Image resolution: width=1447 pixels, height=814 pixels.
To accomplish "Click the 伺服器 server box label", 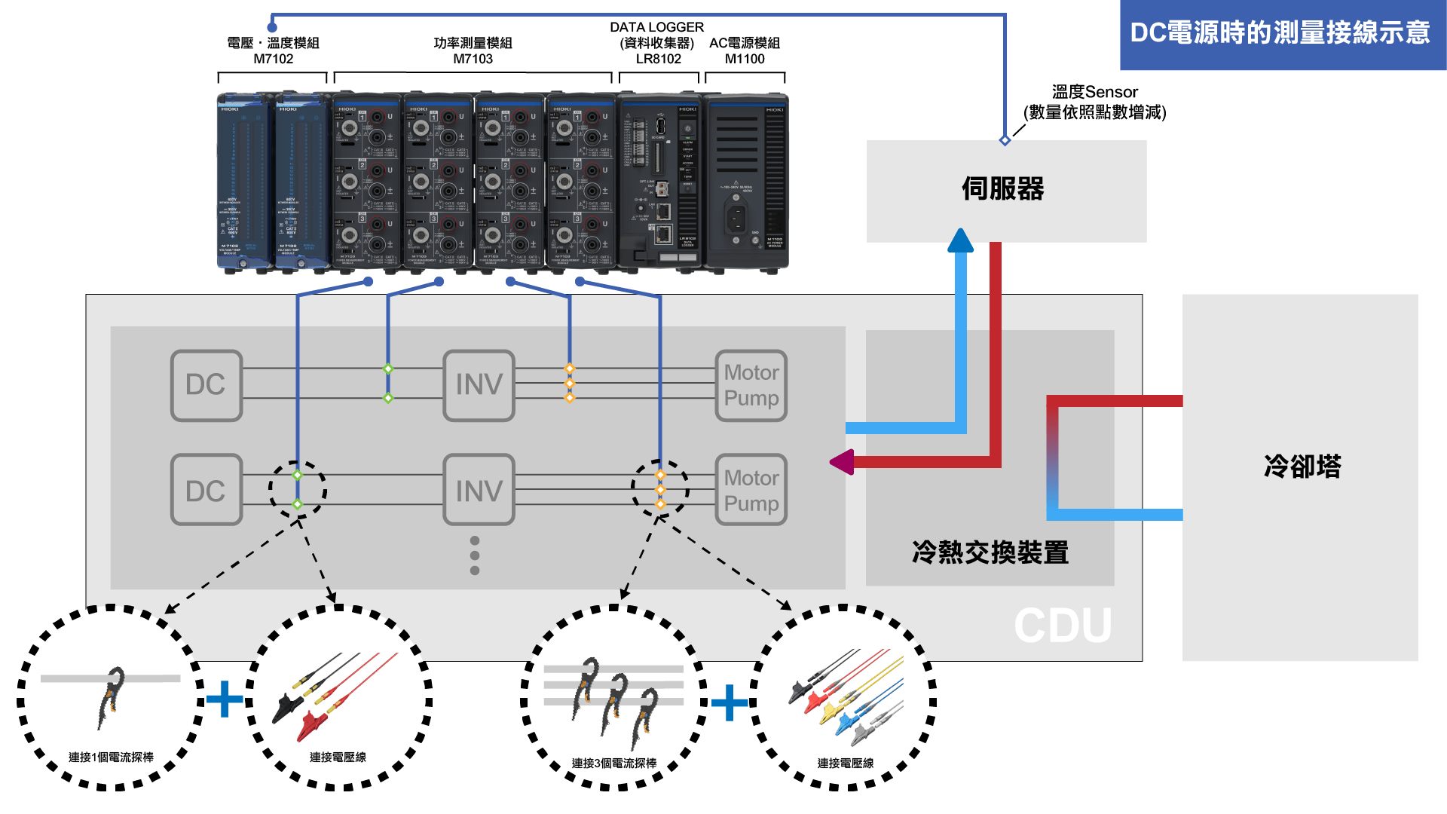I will (1003, 188).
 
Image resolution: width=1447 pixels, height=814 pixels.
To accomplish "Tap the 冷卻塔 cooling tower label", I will (1302, 467).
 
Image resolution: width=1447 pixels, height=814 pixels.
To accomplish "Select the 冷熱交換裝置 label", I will (990, 552).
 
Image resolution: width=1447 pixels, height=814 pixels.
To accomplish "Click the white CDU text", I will (1063, 626).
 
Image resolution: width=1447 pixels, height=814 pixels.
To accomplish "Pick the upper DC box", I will (206, 385).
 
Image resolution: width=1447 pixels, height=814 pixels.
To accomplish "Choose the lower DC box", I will (206, 491).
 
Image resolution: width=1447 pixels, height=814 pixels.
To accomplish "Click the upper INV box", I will (479, 385).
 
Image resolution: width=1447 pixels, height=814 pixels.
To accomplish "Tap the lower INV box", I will (479, 491).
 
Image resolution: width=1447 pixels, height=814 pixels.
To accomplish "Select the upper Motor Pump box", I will (751, 385).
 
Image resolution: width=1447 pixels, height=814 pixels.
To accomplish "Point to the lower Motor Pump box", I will (751, 491).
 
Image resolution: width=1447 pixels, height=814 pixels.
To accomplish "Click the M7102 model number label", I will (273, 59).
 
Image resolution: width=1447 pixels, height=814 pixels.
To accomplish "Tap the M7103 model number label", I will (473, 59).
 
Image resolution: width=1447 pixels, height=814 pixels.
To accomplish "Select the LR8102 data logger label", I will (658, 59).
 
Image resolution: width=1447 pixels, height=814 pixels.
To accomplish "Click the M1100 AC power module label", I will (745, 59).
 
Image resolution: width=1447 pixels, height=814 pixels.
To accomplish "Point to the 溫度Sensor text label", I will (1094, 92).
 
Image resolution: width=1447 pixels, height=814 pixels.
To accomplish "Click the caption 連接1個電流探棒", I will (111, 757).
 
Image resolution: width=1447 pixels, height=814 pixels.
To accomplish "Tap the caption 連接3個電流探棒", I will (614, 763).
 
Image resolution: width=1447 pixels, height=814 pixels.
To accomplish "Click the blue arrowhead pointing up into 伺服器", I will (960, 240).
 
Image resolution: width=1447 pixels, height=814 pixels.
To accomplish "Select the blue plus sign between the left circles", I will (225, 699).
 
